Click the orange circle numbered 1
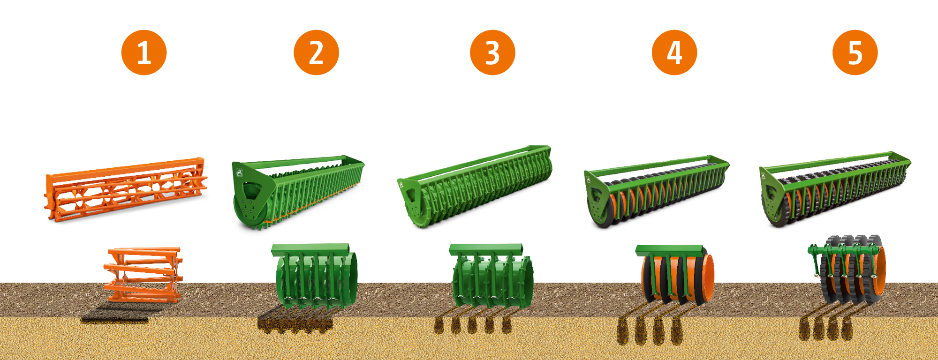coord(144,52)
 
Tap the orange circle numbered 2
coord(316,52)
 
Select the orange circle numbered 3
coord(492,52)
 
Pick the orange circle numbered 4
coord(674,52)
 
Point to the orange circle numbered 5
coord(855,52)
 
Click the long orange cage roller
coord(126,189)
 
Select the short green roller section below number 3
coord(491,277)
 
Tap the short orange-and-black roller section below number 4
coord(675,274)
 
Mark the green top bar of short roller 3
coord(486,249)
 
